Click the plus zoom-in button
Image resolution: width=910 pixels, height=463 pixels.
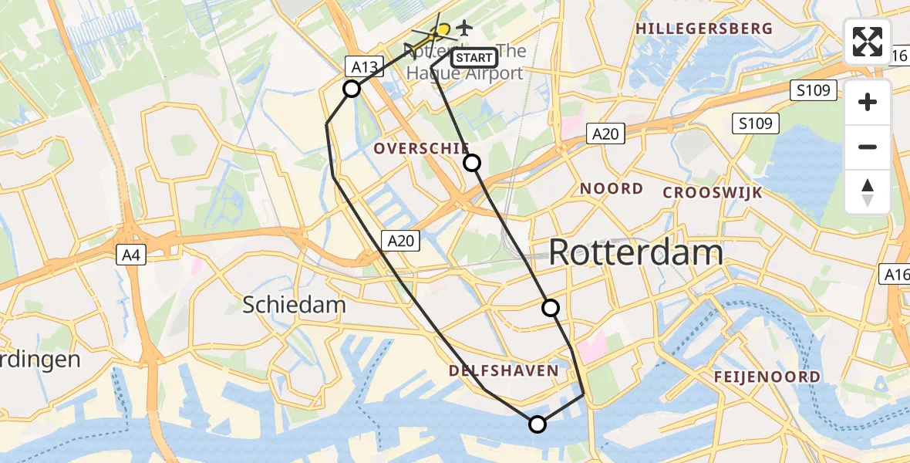pyautogui.click(x=868, y=103)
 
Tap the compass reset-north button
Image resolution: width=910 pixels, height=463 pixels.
pyautogui.click(x=868, y=192)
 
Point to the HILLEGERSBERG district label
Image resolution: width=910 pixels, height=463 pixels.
pyautogui.click(x=703, y=29)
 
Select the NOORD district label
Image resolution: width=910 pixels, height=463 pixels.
pyautogui.click(x=612, y=188)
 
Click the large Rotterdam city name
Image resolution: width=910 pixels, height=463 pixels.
pyautogui.click(x=636, y=253)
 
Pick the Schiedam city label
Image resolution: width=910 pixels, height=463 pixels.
pyautogui.click(x=295, y=305)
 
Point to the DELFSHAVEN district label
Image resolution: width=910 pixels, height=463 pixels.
pyautogui.click(x=504, y=371)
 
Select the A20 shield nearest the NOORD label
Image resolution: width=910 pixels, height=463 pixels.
pyautogui.click(x=605, y=134)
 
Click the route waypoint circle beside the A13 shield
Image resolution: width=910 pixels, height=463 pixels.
pyautogui.click(x=352, y=89)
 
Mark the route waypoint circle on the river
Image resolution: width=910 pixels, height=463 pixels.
pyautogui.click(x=538, y=424)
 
